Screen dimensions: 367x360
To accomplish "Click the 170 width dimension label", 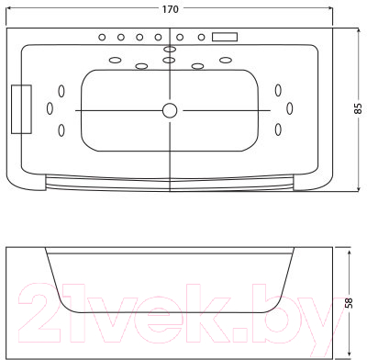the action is tap(170, 9).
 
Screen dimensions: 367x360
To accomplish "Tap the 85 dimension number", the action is tap(358, 108).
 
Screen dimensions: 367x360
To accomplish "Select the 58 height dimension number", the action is tap(349, 303).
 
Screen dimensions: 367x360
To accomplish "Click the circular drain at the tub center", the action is tap(170, 110).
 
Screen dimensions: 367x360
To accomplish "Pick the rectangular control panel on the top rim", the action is tap(225, 37).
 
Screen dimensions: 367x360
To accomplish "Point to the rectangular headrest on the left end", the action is tap(21, 109).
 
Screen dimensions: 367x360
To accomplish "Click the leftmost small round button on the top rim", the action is tap(102, 38).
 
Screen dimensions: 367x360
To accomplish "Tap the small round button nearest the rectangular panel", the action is tap(201, 38).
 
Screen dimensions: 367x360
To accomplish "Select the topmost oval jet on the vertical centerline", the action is tap(170, 49).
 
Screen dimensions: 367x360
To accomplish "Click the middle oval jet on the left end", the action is tap(50, 108).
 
